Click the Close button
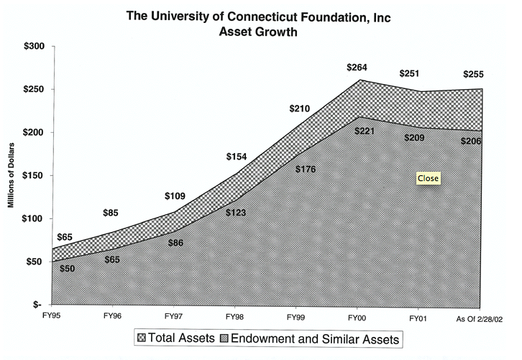coord(428,177)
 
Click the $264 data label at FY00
coord(357,68)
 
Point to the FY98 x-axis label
coord(234,316)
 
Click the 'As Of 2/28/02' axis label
coord(480,317)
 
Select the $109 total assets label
coord(175,195)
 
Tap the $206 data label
coord(472,141)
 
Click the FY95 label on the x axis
coord(51,316)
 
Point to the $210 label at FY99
coord(299,109)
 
